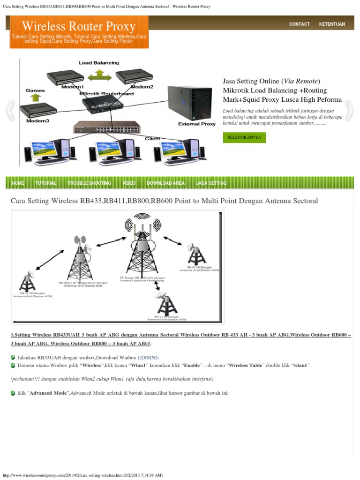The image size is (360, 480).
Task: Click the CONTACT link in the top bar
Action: tap(299, 24)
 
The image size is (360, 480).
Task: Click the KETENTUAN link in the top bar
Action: tap(332, 24)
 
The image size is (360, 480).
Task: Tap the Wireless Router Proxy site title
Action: tap(79, 26)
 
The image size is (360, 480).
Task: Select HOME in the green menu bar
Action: tap(17, 183)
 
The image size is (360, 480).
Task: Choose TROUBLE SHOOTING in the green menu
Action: tap(89, 183)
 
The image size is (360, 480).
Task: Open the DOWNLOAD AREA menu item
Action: tap(165, 183)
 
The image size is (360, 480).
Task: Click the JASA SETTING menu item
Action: tap(211, 183)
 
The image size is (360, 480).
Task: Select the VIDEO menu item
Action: tap(129, 183)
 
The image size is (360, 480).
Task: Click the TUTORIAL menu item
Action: tap(45, 183)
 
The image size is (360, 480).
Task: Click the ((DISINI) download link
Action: tap(148, 358)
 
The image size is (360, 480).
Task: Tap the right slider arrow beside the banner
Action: tap(349, 112)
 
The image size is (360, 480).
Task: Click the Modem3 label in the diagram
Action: tap(37, 120)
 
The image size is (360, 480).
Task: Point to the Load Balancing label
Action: tap(99, 63)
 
